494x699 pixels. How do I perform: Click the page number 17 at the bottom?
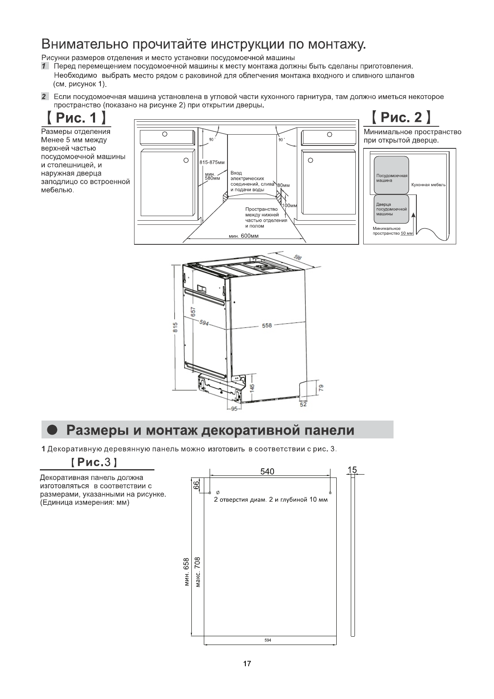click(247, 664)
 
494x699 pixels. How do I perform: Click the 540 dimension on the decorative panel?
click(267, 471)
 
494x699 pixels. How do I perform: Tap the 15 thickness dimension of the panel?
click(352, 470)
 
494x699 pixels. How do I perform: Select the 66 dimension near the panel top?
click(197, 485)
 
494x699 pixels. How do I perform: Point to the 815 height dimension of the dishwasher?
click(176, 327)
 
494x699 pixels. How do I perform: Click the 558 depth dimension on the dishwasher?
click(267, 325)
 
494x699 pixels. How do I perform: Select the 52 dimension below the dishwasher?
click(303, 404)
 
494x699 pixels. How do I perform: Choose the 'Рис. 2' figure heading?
click(401, 118)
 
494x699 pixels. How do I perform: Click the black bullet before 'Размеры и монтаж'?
click(52, 430)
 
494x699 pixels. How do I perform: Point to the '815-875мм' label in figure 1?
click(212, 162)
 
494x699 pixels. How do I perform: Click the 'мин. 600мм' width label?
click(244, 236)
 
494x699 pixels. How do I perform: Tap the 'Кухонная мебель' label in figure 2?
click(428, 185)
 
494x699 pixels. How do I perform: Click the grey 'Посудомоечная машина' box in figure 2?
click(391, 175)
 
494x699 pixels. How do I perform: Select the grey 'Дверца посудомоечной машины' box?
click(391, 207)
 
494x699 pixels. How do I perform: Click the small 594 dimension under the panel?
click(268, 640)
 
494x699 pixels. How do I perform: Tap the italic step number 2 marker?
click(44, 97)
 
